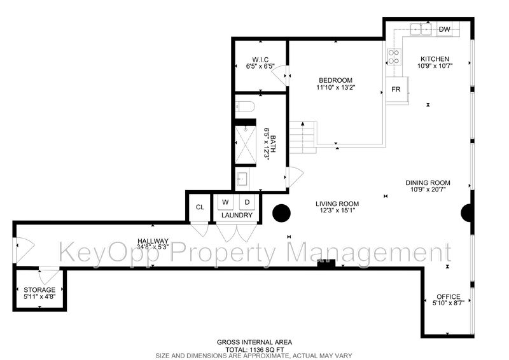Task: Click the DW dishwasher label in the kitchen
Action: [x=444, y=29]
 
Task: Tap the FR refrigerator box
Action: [x=396, y=89]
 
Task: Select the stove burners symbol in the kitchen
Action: [x=394, y=57]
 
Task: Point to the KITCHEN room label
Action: [x=435, y=59]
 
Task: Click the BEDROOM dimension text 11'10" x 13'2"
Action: [x=335, y=87]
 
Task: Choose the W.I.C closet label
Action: [x=260, y=60]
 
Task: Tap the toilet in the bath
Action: [x=246, y=106]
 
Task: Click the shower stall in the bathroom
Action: [x=246, y=143]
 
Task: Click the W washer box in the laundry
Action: [x=225, y=202]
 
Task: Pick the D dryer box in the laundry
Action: [x=247, y=202]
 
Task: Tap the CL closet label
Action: [x=200, y=207]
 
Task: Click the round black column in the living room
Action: [x=281, y=213]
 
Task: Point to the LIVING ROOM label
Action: [x=337, y=204]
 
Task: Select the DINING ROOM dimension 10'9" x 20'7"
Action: [x=428, y=190]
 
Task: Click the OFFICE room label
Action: [x=449, y=296]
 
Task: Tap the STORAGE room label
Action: [x=39, y=289]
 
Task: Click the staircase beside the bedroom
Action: [x=303, y=137]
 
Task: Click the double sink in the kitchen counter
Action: [x=421, y=29]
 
